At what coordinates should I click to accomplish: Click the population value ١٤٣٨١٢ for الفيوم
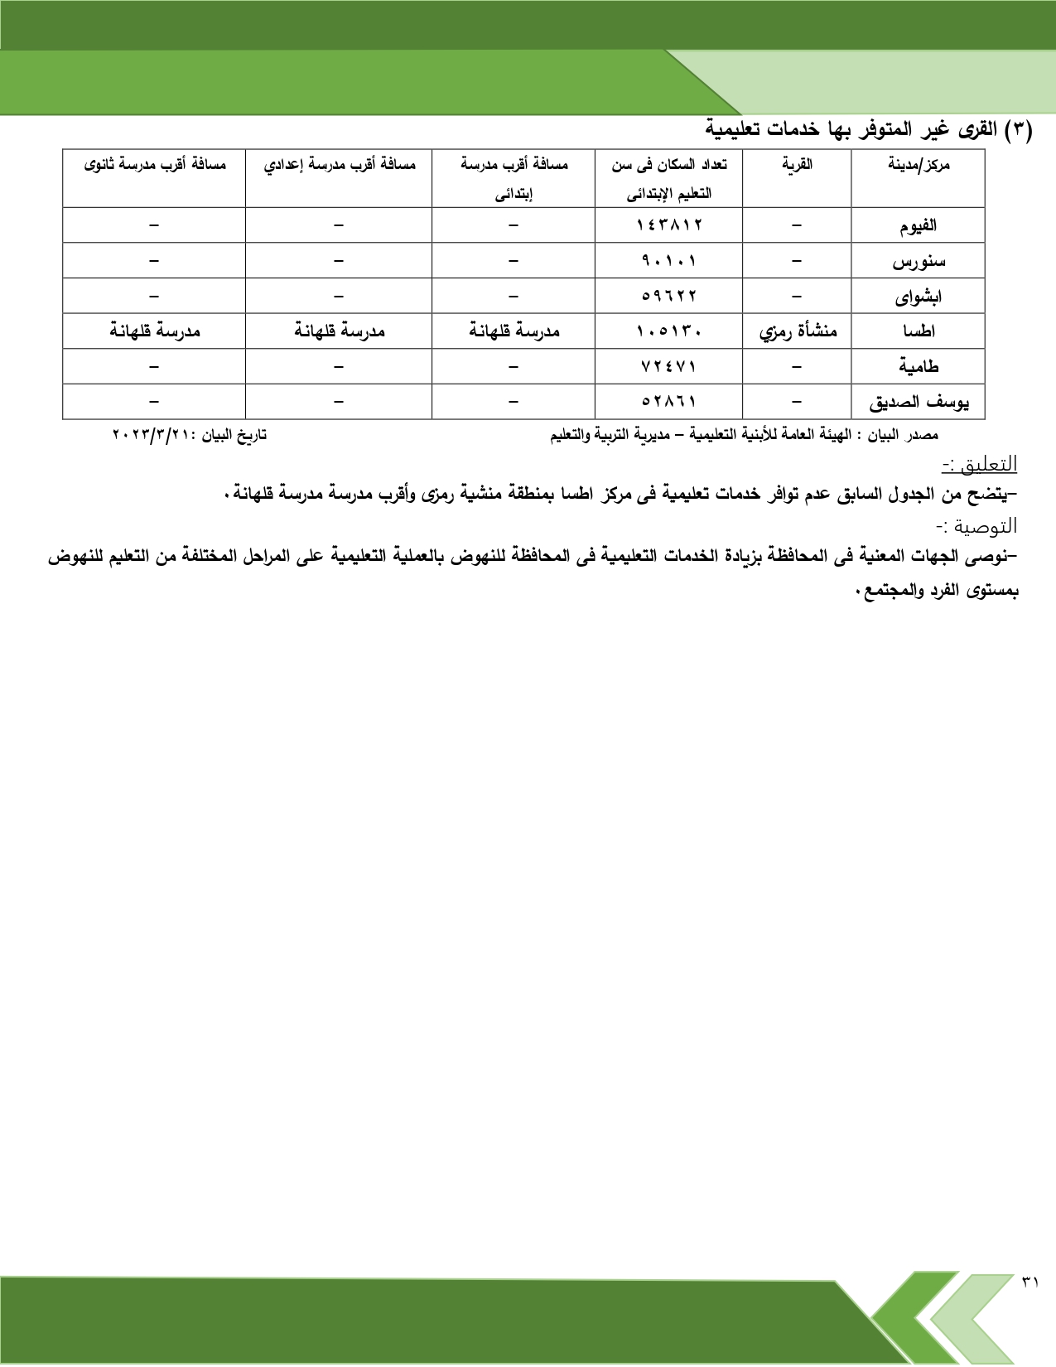tap(669, 225)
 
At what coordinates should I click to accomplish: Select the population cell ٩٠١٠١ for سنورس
tap(669, 261)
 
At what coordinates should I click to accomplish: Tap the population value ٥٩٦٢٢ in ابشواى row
tap(669, 296)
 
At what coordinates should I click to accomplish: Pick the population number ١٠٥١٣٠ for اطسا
tap(669, 331)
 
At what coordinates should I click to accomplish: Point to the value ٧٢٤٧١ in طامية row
tap(669, 366)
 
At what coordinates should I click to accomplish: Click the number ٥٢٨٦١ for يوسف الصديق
tap(669, 402)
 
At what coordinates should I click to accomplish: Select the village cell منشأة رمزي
tap(798, 331)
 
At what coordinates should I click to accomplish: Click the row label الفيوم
tap(919, 225)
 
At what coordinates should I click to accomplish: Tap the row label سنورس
tap(919, 262)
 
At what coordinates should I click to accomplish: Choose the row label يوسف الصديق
tap(919, 403)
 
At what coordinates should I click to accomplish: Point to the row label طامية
tap(919, 366)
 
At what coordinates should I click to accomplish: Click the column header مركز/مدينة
tap(919, 164)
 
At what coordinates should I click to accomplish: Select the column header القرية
tap(797, 164)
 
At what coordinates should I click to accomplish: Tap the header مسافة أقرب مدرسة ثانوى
tap(155, 164)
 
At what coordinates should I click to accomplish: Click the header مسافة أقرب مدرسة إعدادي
tap(340, 164)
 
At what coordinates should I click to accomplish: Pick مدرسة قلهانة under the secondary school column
tap(155, 331)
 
